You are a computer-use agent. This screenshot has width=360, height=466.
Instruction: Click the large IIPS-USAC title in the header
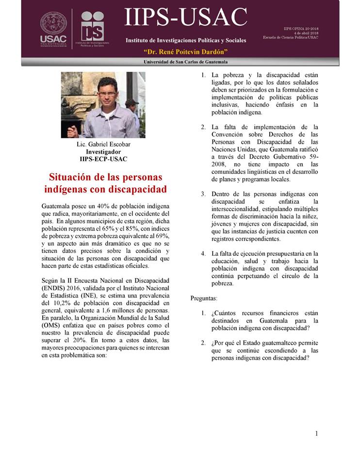[186, 18]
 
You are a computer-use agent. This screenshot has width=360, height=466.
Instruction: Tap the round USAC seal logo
[53, 22]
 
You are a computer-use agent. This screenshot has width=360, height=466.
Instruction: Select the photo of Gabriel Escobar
[103, 105]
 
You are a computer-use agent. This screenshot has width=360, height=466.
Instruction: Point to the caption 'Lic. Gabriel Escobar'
[103, 144]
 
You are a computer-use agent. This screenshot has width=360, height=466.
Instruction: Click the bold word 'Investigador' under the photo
[103, 151]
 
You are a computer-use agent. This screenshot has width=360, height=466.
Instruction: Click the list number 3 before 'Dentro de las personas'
[203, 194]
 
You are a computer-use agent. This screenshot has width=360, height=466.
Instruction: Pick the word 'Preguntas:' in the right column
[204, 298]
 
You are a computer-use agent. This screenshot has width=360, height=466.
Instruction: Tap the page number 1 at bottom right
[316, 433]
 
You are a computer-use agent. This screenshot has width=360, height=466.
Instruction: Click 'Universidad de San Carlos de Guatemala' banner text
[186, 62]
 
